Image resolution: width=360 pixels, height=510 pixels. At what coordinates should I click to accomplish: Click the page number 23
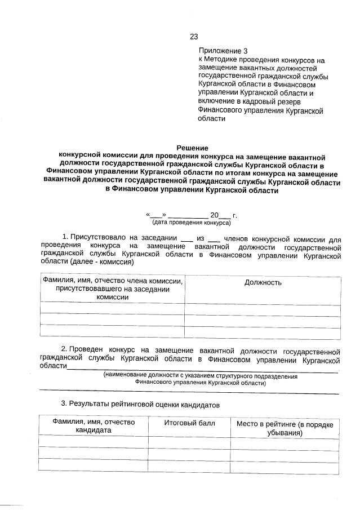(193, 37)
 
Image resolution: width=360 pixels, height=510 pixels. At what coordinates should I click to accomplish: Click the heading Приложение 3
(223, 51)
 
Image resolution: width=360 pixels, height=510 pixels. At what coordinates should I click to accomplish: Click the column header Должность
(263, 282)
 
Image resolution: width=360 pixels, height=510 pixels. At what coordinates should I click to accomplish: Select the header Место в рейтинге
(285, 428)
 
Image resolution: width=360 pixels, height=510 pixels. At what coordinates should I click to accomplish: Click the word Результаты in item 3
(90, 404)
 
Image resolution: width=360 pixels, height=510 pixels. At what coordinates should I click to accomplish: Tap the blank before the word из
(186, 239)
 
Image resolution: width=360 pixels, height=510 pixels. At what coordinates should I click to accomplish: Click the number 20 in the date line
(214, 215)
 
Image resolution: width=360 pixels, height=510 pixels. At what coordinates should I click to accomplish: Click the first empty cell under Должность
(263, 309)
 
